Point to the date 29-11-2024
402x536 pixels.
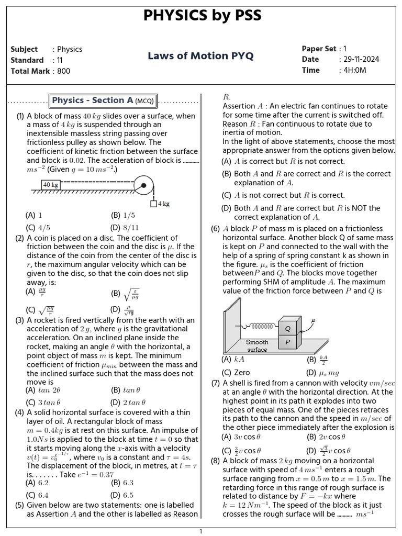[x=359, y=59]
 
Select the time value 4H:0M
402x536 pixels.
[x=353, y=70]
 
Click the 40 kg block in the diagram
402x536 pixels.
[x=51, y=185]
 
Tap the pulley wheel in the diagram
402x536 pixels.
[x=143, y=185]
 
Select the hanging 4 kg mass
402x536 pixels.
[x=154, y=204]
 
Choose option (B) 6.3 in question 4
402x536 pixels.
[x=122, y=483]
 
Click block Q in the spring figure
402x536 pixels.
[x=287, y=328]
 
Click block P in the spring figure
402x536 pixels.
[x=287, y=342]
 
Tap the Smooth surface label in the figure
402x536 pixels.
[x=257, y=346]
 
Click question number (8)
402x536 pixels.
[x=215, y=461]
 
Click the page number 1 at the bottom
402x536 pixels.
[x=200, y=531]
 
